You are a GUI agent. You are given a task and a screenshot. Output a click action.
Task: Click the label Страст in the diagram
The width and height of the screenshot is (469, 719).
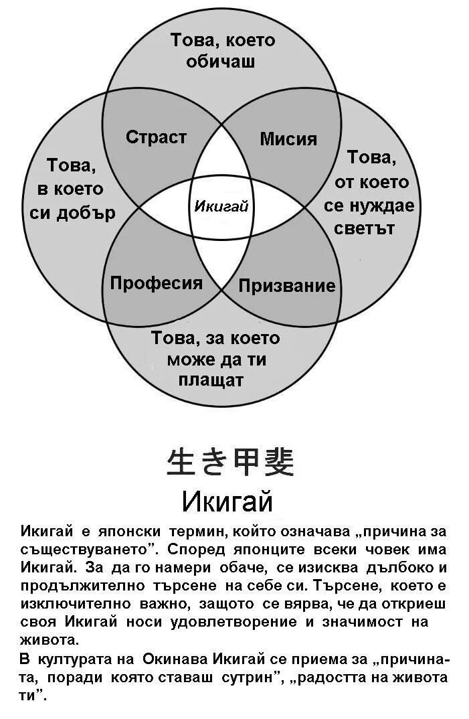[x=156, y=137]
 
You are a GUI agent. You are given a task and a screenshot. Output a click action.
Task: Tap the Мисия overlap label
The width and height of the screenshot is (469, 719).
[x=288, y=139]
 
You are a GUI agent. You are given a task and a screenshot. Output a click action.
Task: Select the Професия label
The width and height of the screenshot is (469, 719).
[x=156, y=283]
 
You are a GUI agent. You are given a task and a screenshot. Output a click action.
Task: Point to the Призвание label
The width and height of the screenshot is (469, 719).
[x=286, y=286]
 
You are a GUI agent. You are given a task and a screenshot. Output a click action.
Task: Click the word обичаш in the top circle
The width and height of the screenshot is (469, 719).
[x=222, y=62]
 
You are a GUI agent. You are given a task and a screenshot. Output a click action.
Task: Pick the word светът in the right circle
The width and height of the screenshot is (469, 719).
[x=369, y=228]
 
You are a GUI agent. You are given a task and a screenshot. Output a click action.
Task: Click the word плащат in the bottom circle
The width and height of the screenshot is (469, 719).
[x=211, y=380]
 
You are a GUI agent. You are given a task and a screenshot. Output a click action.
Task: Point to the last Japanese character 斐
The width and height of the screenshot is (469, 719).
[x=276, y=462]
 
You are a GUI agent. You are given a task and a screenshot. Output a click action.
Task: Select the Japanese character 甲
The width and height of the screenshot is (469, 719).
[x=246, y=462]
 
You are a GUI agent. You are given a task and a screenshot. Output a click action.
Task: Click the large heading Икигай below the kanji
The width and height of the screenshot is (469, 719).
[x=227, y=500]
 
